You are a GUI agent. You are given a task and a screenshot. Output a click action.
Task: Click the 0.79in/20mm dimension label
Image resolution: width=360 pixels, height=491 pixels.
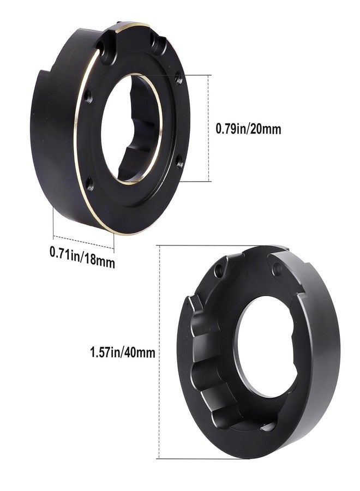point(248,129)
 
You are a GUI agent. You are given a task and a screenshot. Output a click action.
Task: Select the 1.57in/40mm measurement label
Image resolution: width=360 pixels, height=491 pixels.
point(122,352)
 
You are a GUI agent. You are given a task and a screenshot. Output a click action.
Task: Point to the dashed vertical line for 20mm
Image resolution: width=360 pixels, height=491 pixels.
point(209,128)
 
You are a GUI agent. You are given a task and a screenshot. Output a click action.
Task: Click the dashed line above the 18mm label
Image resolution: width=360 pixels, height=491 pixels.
point(83,242)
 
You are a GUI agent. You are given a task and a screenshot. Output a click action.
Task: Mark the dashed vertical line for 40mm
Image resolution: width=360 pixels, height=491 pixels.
point(160,352)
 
